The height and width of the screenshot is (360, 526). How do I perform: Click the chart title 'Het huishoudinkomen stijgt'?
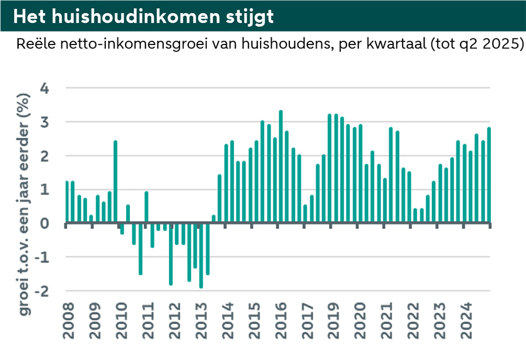[x=143, y=16]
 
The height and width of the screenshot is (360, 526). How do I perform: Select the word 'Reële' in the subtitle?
[x=34, y=45]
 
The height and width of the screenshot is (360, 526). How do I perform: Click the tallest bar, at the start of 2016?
[x=281, y=167]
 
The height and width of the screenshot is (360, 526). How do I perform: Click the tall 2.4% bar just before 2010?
[x=116, y=182]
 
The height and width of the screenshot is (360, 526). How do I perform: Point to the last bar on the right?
[x=489, y=175]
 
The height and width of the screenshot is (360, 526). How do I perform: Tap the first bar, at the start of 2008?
[x=67, y=202]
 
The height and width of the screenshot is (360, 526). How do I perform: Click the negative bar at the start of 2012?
[x=171, y=254]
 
